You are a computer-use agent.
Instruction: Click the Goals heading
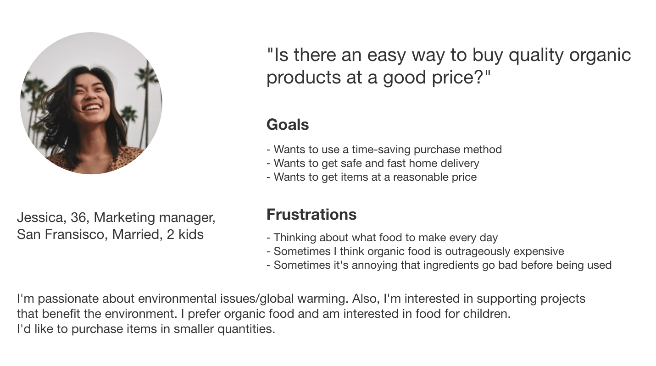point(288,125)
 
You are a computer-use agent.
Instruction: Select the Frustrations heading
point(311,214)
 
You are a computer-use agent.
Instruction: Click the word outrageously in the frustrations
point(478,252)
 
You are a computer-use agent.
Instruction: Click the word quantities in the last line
point(246,329)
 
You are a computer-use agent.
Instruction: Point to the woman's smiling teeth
point(91,107)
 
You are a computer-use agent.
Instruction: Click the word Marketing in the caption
point(124,218)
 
